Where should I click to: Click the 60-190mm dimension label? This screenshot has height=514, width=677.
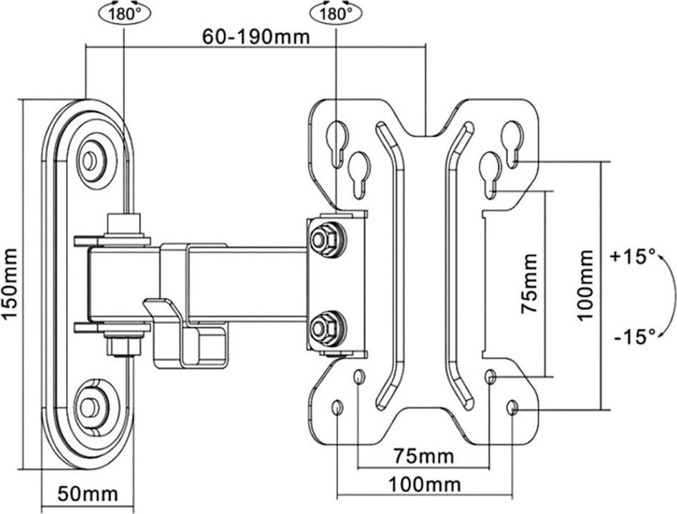255,37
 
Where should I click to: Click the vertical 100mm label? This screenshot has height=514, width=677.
586,285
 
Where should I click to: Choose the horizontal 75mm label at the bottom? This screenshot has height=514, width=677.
423,456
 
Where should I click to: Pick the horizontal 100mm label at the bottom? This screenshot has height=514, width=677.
423,485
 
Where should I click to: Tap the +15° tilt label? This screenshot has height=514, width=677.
633,256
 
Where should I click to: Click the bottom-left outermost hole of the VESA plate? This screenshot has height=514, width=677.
337,408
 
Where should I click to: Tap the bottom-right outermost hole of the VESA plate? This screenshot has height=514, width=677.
512,408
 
